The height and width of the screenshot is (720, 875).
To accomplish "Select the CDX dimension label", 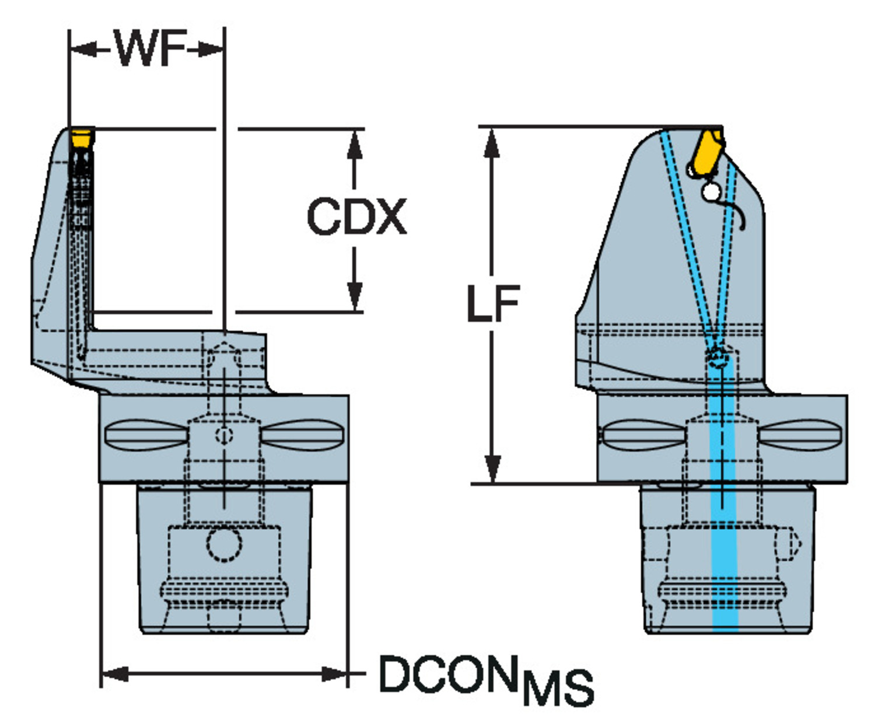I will point(356,217).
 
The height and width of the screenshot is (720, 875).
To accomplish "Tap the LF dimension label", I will point(493,304).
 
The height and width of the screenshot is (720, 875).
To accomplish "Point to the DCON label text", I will point(448,674).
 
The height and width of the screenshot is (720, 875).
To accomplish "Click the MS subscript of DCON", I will point(558,688).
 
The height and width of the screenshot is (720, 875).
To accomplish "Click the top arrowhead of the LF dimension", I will point(492,142).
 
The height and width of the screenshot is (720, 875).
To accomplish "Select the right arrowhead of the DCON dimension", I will point(335,674).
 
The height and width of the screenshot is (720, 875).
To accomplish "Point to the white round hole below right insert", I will point(710,191).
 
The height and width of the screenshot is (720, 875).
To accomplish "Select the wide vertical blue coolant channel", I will point(724,525).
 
